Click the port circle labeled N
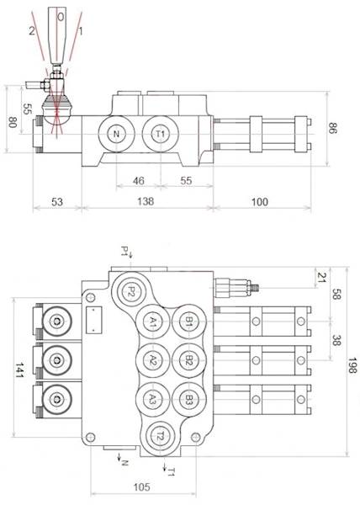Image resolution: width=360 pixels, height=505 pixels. pyautogui.click(x=116, y=136)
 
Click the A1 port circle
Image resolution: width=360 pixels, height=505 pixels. pyautogui.click(x=152, y=322)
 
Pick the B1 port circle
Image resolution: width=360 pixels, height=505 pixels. pyautogui.click(x=189, y=322)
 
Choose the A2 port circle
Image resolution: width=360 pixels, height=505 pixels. pyautogui.click(x=152, y=360)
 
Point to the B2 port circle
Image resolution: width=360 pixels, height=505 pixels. pyautogui.click(x=189, y=360)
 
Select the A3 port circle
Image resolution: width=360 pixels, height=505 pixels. pyautogui.click(x=152, y=399)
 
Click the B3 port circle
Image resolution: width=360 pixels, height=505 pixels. pyautogui.click(x=189, y=399)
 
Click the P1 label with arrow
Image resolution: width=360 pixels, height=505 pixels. pyautogui.click(x=124, y=251)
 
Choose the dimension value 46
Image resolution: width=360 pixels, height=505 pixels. pyautogui.click(x=140, y=180)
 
